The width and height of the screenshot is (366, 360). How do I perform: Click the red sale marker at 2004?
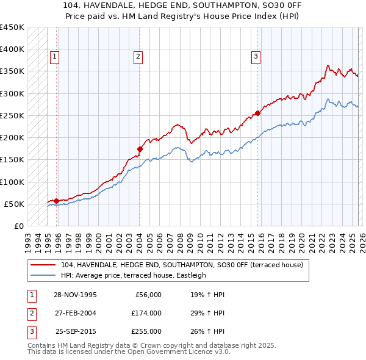click(x=140, y=148)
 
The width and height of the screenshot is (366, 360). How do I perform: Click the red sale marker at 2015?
click(x=257, y=113)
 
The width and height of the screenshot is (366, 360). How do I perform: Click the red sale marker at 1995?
click(x=56, y=201)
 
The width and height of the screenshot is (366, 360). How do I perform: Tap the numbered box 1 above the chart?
click(x=54, y=57)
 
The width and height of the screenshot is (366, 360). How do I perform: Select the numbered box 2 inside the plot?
click(x=138, y=57)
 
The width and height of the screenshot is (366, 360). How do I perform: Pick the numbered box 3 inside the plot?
click(x=256, y=57)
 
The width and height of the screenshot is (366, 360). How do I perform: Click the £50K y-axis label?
click(x=15, y=204)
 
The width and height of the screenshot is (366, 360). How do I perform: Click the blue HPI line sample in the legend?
click(x=44, y=275)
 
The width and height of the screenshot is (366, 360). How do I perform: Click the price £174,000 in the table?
click(x=146, y=313)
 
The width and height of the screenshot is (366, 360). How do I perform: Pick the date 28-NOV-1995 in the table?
click(x=75, y=295)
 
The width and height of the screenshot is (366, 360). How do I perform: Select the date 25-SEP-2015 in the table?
click(x=75, y=331)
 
